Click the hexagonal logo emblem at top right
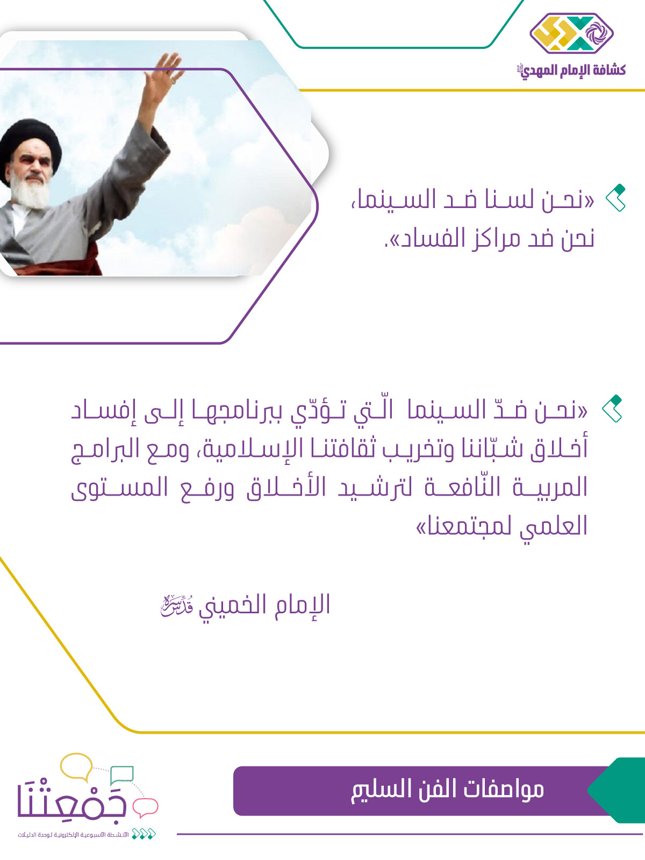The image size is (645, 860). pos(571,33)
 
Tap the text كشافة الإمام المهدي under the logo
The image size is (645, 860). pos(571,70)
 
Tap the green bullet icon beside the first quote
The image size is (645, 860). pos(615,198)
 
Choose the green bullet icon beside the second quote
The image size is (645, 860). pos(612,408)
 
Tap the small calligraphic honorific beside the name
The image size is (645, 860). pos(177,606)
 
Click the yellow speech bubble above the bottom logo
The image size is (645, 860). pos(77,766)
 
